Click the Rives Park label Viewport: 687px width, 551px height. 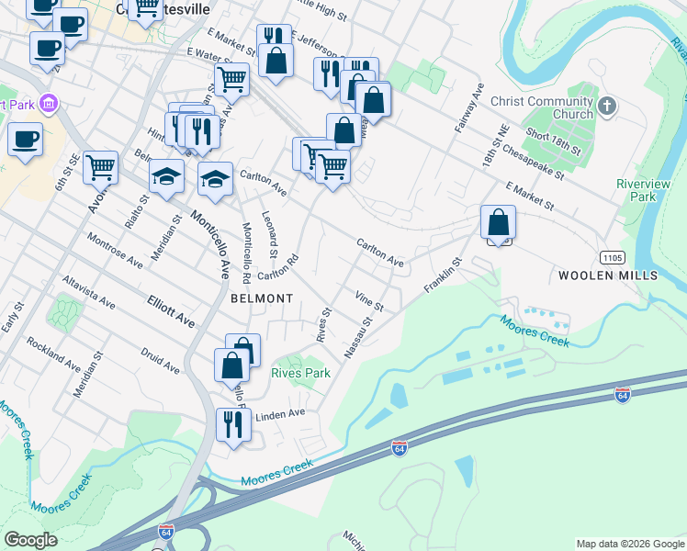tap(300, 374)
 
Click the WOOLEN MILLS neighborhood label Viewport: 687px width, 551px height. tap(608, 275)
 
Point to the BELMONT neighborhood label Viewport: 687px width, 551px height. tap(262, 298)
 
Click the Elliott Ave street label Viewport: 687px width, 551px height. tap(172, 310)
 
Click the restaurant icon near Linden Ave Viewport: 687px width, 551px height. tap(233, 425)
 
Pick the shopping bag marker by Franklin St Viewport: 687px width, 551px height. tap(498, 222)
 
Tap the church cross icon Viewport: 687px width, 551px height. tap(606, 107)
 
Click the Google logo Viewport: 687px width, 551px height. tap(30, 540)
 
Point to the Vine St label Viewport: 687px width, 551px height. tap(368, 299)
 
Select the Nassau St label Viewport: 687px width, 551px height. tap(358, 337)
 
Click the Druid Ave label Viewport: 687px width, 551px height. tap(160, 360)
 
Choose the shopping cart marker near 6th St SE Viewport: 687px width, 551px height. tap(100, 168)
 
